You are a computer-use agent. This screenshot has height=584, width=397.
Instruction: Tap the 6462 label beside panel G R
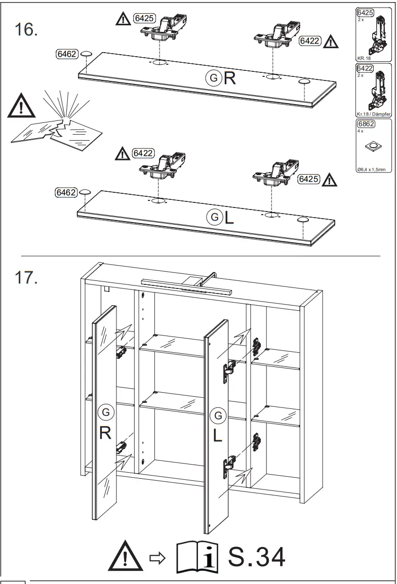pos(66,54)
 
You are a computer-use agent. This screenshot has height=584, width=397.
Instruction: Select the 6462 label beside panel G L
pos(66,192)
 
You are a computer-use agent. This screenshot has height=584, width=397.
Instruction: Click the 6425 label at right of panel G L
pos(308,179)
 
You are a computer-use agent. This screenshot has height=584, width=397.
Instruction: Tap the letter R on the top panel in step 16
pos(230,78)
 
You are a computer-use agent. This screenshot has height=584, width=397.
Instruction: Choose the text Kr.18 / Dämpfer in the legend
pos(374,114)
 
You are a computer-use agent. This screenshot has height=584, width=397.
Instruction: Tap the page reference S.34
pos(257,556)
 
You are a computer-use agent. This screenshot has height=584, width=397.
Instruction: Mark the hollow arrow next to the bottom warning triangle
pos(155,558)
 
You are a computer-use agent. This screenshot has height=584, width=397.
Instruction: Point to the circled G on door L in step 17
pos(218,415)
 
